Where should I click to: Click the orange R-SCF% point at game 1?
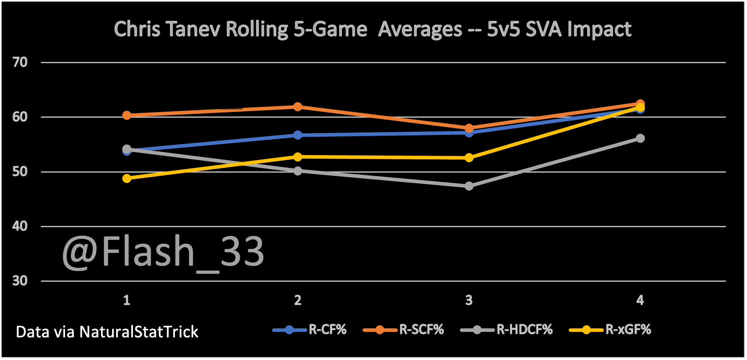[x=127, y=115]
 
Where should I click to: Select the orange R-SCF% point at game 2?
[x=298, y=107]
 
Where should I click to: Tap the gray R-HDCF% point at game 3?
[x=469, y=186]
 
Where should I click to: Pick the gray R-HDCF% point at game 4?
[x=640, y=138]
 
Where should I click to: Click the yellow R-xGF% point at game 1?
[x=127, y=178]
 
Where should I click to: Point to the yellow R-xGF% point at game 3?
[x=469, y=158]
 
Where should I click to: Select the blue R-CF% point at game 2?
[x=298, y=135]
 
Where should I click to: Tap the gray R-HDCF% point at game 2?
[x=298, y=171]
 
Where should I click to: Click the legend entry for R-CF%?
[x=310, y=329]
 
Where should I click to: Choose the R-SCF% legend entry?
[x=404, y=329]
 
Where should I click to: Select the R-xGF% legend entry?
[x=610, y=329]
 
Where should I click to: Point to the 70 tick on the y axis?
[x=20, y=62]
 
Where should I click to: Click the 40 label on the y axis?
[x=20, y=226]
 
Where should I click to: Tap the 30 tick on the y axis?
[x=20, y=281]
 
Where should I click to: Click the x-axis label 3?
[x=469, y=300]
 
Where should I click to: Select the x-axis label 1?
[x=127, y=300]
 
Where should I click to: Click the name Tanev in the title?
[x=193, y=29]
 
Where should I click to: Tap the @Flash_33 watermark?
[x=163, y=252]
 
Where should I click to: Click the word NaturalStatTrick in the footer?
[x=139, y=332]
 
